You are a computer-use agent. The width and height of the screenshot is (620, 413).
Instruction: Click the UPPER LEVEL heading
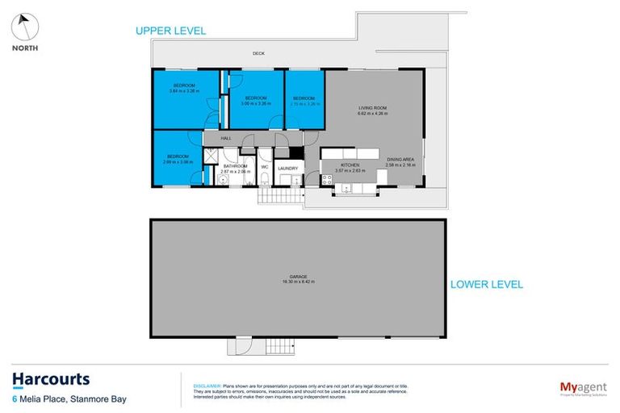coord(170,31)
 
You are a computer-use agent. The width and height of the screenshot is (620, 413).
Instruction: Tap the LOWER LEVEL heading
coord(487,284)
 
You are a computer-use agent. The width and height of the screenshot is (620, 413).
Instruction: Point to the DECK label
coord(258,53)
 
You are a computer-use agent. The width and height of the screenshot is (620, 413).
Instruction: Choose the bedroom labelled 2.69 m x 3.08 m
coord(178,159)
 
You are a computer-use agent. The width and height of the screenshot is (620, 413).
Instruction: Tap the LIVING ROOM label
coord(373,111)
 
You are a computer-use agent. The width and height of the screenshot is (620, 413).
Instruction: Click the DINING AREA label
coord(400,162)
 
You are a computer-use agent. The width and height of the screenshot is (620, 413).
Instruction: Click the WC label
coord(264,168)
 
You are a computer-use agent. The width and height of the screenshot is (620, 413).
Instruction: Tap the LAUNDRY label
coord(287,169)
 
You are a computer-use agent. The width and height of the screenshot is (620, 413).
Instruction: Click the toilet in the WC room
coord(264,179)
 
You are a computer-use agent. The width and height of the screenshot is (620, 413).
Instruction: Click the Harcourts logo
coord(50,380)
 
